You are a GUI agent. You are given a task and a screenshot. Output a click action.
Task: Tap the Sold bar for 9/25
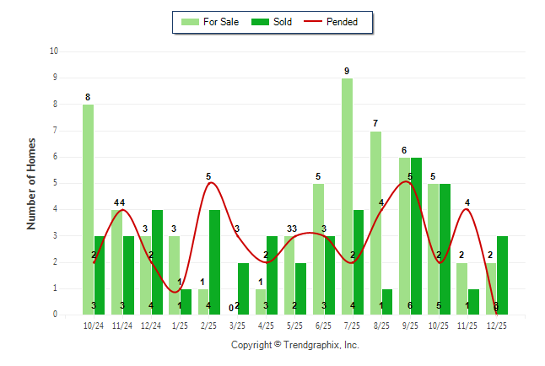click(x=416, y=236)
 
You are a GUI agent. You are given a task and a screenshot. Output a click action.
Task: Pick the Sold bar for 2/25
click(x=214, y=262)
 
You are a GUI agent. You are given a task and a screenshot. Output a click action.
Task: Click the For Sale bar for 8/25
click(x=375, y=223)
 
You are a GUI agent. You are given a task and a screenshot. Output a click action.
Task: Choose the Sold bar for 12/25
click(x=502, y=275)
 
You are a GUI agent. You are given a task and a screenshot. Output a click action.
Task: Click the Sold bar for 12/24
click(x=157, y=262)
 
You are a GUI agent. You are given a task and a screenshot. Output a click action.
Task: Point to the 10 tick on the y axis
click(x=54, y=51)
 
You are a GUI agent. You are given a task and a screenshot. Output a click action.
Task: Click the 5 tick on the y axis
click(x=56, y=183)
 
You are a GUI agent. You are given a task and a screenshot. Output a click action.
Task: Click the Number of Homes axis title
click(x=32, y=183)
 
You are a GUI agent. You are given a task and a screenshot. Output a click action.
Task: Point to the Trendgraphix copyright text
click(x=295, y=345)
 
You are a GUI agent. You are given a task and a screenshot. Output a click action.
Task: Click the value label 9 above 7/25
click(x=347, y=71)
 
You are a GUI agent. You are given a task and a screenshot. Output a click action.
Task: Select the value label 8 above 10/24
click(x=88, y=97)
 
